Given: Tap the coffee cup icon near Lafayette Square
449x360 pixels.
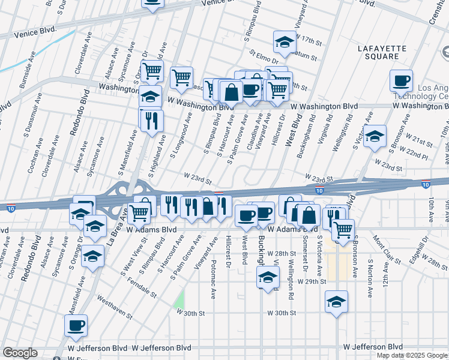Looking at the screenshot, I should (x=401, y=80).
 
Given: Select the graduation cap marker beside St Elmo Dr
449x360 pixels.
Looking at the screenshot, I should (x=284, y=42).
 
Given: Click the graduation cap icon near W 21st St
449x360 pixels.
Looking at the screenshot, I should (x=375, y=137).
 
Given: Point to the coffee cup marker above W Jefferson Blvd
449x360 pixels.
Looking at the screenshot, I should (x=76, y=326).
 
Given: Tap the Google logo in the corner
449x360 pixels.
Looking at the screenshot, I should (x=19, y=353).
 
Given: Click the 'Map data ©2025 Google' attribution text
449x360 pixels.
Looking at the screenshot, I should (x=412, y=355).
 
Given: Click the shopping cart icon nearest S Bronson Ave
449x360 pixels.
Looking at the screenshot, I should (x=343, y=230).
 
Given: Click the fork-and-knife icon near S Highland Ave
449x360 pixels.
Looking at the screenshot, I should (x=151, y=120).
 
